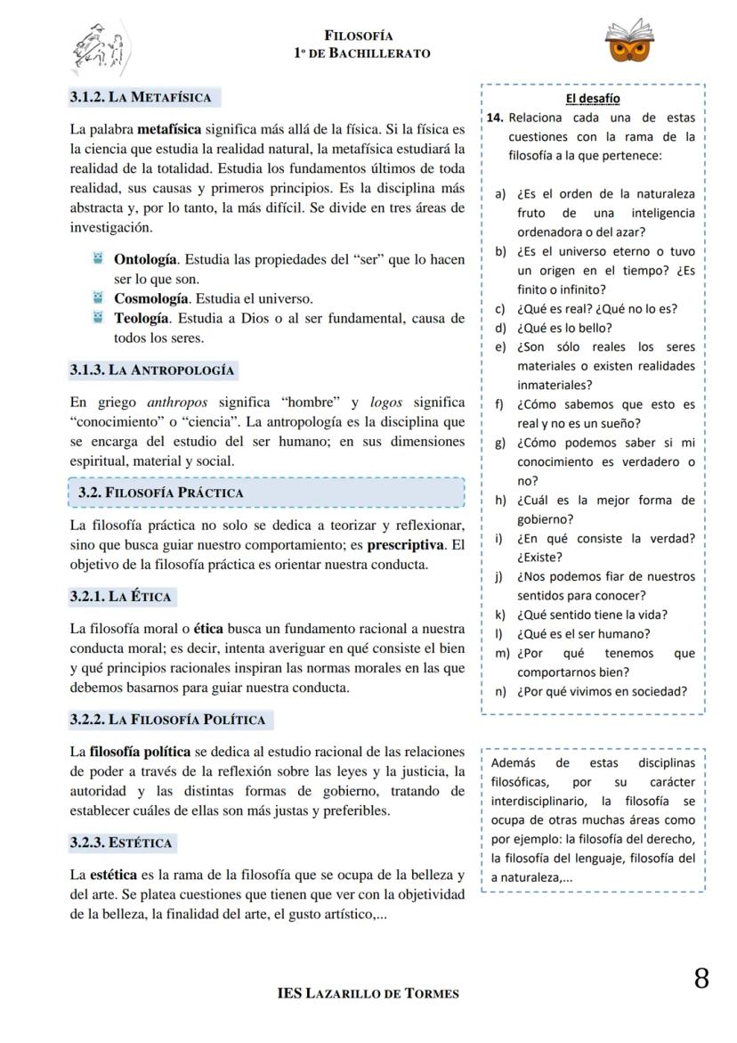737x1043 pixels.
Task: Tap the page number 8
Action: pyautogui.click(x=701, y=979)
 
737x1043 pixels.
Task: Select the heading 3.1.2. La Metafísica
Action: pyautogui.click(x=141, y=97)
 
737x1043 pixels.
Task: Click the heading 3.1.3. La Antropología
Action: pyautogui.click(x=152, y=370)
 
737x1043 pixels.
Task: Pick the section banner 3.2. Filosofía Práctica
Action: pyautogui.click(x=161, y=493)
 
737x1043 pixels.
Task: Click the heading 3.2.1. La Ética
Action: pyautogui.click(x=120, y=596)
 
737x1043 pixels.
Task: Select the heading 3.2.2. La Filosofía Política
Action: pyautogui.click(x=167, y=720)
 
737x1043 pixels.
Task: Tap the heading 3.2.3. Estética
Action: pyautogui.click(x=121, y=843)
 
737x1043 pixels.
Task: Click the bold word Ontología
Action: pyautogui.click(x=145, y=260)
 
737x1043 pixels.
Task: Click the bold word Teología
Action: pyautogui.click(x=141, y=318)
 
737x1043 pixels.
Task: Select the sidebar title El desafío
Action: pyautogui.click(x=593, y=99)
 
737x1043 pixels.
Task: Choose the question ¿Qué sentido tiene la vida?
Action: pyautogui.click(x=592, y=615)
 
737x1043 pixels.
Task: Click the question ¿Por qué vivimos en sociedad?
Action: pyautogui.click(x=602, y=691)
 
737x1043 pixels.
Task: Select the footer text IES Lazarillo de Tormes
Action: pyautogui.click(x=368, y=993)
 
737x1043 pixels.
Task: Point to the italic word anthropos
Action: pyautogui.click(x=176, y=403)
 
